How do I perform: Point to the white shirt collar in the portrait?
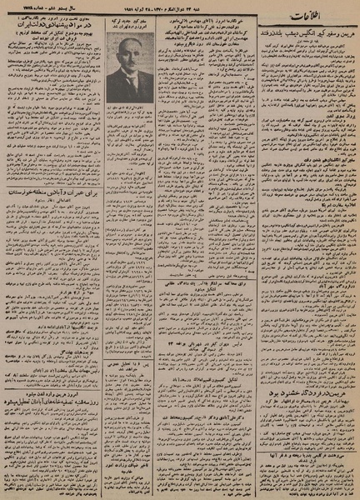click(x=126, y=81)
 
